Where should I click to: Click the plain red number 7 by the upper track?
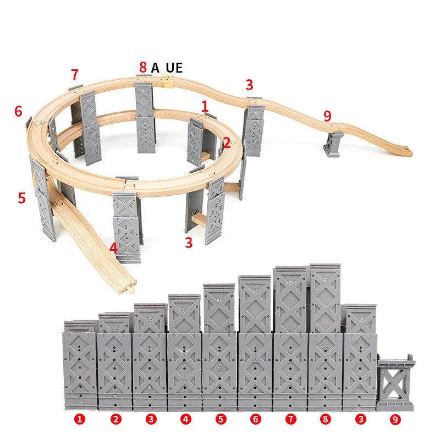(x=74, y=75)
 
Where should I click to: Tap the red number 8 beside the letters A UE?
(x=143, y=67)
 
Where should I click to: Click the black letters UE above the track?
(x=174, y=68)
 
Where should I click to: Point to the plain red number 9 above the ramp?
(x=327, y=116)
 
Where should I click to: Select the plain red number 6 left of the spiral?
(x=18, y=111)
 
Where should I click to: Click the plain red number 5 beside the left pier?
(x=21, y=198)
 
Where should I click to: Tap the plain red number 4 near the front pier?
(x=113, y=248)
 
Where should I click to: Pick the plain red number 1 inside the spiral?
(x=205, y=107)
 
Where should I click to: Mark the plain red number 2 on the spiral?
(x=227, y=143)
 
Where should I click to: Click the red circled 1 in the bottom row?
(x=80, y=419)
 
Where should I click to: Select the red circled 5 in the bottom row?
(x=221, y=419)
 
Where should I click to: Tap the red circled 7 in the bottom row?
(x=291, y=419)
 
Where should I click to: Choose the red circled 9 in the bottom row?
(x=395, y=420)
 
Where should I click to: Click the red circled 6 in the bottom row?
(x=255, y=419)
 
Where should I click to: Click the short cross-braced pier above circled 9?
(x=395, y=382)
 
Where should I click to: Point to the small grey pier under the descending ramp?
(x=333, y=144)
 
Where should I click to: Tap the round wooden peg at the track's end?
(x=130, y=289)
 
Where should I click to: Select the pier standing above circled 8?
(x=325, y=337)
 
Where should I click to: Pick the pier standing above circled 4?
(x=184, y=352)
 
